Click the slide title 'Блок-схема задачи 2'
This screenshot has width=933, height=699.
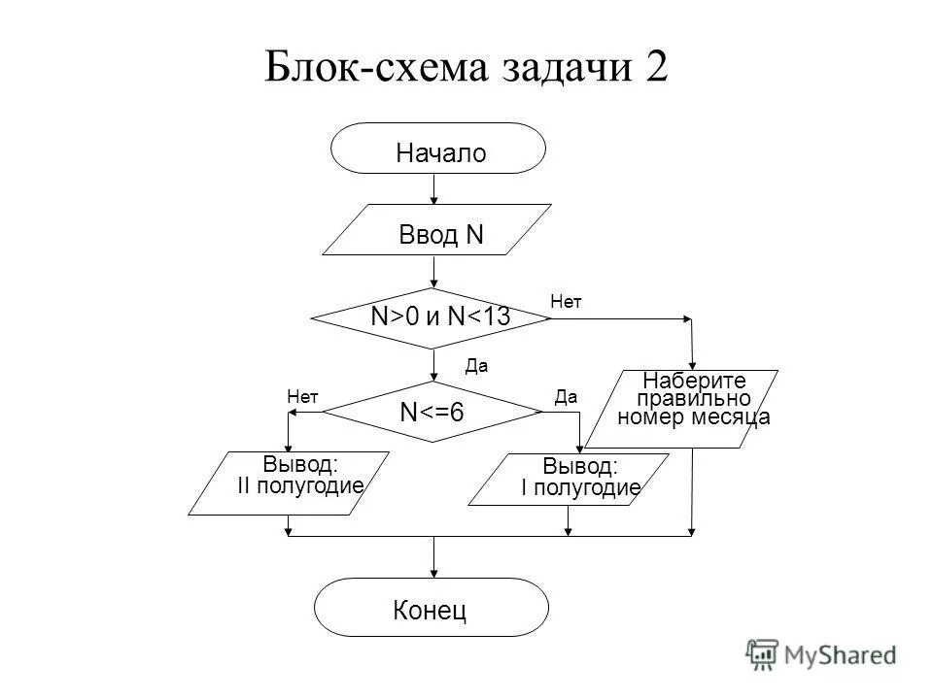point(466,69)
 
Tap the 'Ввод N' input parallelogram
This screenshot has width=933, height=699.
point(437,231)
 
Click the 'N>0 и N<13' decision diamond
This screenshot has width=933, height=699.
point(433,317)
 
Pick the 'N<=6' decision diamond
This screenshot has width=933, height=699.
point(432,412)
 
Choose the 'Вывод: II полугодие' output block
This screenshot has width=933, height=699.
point(290,482)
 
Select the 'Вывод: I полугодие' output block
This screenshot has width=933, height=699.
point(569,479)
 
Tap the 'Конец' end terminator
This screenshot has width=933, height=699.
point(432,608)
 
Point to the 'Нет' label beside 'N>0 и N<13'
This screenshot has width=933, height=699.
point(565,302)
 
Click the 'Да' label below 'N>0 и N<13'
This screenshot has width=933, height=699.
point(475,366)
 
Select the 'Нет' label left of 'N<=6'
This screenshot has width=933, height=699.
point(303,395)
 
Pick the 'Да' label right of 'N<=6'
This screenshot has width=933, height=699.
point(566,395)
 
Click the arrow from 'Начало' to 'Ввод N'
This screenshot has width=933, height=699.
point(434,189)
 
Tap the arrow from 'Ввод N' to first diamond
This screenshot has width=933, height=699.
point(433,272)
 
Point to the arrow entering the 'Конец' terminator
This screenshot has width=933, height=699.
point(433,558)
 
